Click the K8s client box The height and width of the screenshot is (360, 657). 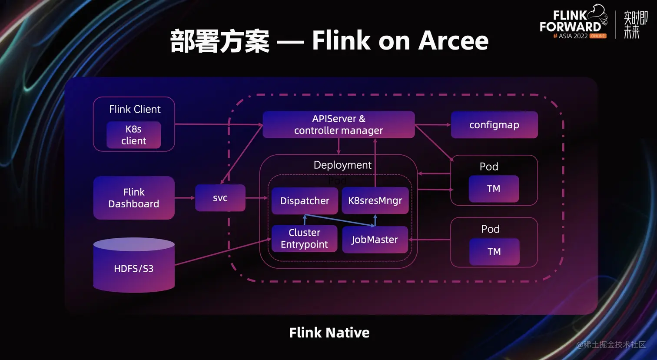tap(134, 135)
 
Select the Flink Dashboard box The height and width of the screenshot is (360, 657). tap(134, 198)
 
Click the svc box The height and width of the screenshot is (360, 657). tap(220, 198)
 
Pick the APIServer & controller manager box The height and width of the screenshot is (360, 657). tap(338, 125)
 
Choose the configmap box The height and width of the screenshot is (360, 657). tap(494, 125)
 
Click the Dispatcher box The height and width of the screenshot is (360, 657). tap(305, 201)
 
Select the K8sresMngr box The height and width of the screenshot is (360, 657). tap(375, 201)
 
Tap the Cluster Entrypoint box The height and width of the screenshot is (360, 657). tap(304, 239)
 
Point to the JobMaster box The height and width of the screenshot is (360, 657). tap(375, 240)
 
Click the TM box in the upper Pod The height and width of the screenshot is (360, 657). tap(494, 189)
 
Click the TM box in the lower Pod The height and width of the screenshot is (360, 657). tap(494, 252)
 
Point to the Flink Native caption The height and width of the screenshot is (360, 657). tap(329, 333)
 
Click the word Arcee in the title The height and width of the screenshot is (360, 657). tap(453, 41)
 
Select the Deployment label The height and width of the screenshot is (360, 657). tap(342, 165)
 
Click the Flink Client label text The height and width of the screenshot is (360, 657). tap(135, 109)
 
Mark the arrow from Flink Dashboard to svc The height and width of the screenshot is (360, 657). tap(185, 198)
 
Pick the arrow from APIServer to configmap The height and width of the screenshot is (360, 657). tap(433, 125)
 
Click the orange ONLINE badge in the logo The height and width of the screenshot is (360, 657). tap(597, 36)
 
